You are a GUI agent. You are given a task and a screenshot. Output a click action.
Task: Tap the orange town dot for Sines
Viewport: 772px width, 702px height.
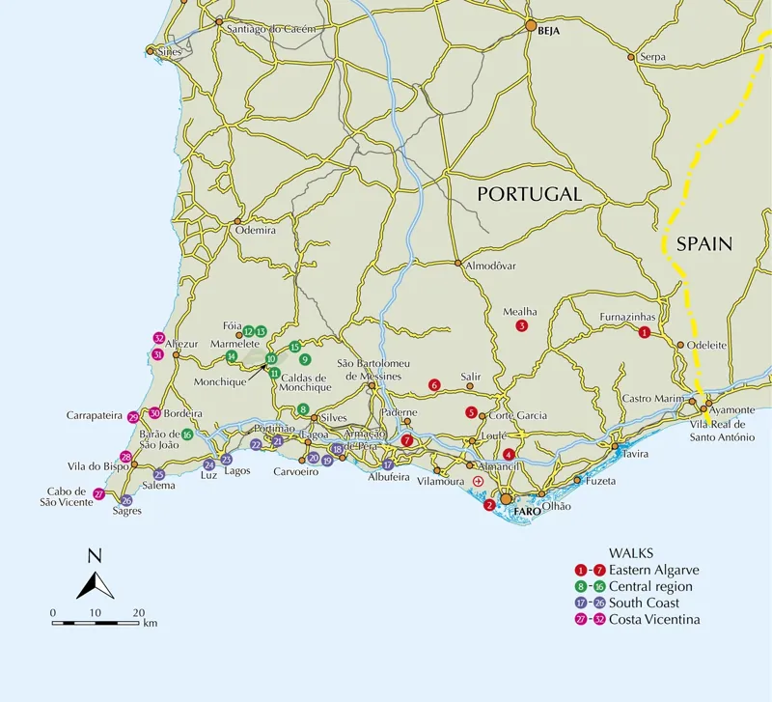pyautogui.click(x=149, y=50)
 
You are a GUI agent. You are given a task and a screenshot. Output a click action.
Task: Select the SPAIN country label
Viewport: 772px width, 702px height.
pyautogui.click(x=703, y=244)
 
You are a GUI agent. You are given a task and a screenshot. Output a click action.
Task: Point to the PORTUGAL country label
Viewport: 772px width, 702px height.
pyautogui.click(x=530, y=194)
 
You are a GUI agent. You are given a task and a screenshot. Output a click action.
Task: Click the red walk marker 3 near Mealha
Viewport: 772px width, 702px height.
pyautogui.click(x=521, y=325)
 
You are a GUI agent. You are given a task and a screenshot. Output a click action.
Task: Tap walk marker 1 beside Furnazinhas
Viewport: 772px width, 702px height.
pyautogui.click(x=645, y=332)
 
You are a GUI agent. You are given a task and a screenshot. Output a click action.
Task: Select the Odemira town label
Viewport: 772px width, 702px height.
pyautogui.click(x=255, y=232)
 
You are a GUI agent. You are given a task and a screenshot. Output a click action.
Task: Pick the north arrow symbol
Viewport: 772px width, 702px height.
pyautogui.click(x=94, y=578)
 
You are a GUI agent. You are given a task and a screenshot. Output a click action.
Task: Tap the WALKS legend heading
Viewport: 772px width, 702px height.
pyautogui.click(x=631, y=553)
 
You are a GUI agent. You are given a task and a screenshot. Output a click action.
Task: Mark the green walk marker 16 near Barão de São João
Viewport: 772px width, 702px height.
pyautogui.click(x=187, y=435)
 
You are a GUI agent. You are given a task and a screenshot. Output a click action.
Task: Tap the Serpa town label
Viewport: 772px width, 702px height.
pyautogui.click(x=652, y=58)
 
